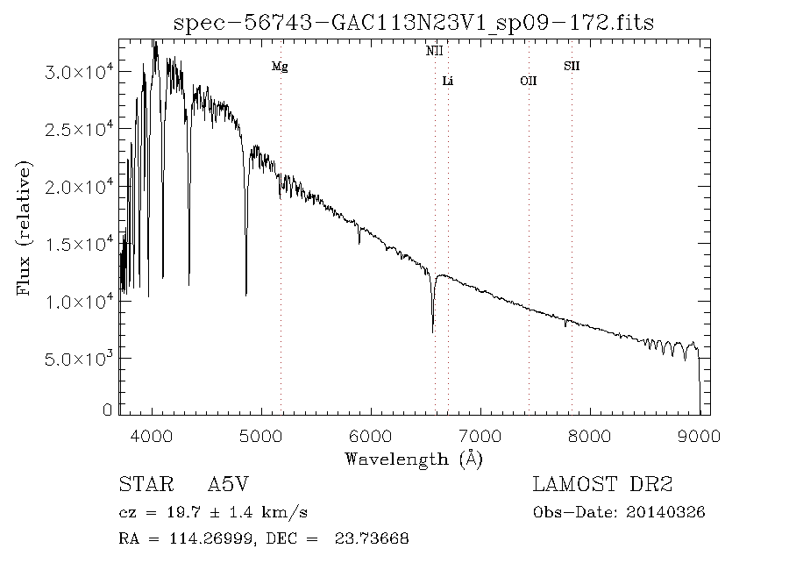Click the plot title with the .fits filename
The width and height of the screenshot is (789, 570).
pyautogui.click(x=415, y=22)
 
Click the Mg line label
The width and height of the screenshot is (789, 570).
pyautogui.click(x=280, y=67)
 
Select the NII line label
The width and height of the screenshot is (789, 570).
pyautogui.click(x=435, y=52)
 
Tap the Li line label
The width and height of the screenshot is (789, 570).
pyautogui.click(x=448, y=82)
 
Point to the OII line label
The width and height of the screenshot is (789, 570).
pyautogui.click(x=528, y=82)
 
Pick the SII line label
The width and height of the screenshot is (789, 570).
pyautogui.click(x=572, y=66)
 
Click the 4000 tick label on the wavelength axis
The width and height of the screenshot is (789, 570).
pyautogui.click(x=153, y=436)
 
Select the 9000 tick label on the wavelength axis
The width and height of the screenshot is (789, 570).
pyautogui.click(x=699, y=436)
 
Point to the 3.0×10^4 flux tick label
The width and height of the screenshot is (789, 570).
pyautogui.click(x=80, y=72)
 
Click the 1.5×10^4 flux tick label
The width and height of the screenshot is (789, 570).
pyautogui.click(x=80, y=244)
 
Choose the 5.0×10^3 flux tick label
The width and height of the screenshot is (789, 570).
pyautogui.click(x=80, y=359)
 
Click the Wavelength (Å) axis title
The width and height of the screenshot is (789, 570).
pyautogui.click(x=414, y=459)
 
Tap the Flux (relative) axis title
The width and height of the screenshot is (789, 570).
pyautogui.click(x=24, y=228)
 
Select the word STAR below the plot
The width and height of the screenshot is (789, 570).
pyautogui.click(x=142, y=485)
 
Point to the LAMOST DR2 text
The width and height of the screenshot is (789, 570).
pyautogui.click(x=602, y=485)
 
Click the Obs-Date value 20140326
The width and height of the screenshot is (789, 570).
pyautogui.click(x=668, y=512)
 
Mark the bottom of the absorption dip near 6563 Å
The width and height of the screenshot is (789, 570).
pyautogui.click(x=433, y=331)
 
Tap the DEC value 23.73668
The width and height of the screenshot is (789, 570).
pyautogui.click(x=372, y=538)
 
